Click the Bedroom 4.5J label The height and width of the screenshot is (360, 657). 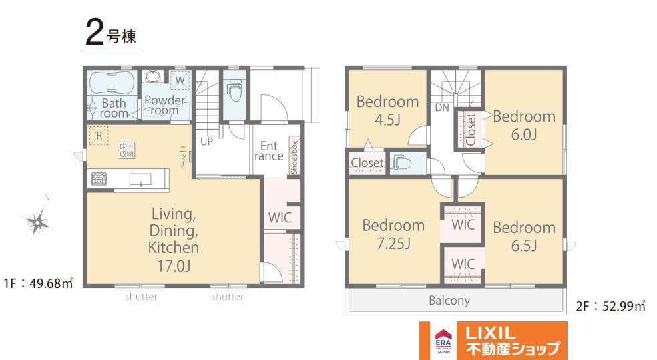point(387,111)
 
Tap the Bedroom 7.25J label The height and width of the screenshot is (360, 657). point(393,234)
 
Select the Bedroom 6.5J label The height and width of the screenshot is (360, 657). point(524,236)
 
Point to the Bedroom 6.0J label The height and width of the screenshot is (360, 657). point(524,125)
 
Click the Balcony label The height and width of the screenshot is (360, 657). point(449,301)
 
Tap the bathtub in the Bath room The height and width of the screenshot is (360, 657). point(113,82)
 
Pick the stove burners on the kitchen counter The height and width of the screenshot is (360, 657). point(99,179)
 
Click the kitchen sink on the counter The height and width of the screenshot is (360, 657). point(140,180)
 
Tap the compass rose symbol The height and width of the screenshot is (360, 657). point(37,221)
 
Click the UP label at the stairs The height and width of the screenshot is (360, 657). point(206,142)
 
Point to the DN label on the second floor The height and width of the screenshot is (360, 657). point(442,108)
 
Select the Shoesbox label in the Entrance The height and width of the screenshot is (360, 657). point(294,158)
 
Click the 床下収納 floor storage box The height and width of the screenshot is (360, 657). point(126,150)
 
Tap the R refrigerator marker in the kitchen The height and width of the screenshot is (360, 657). point(99,136)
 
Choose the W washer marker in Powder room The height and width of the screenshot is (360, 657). point(180,80)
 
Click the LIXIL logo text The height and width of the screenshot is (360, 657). point(491,333)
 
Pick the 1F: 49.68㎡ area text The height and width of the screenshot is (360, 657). point(38,283)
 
